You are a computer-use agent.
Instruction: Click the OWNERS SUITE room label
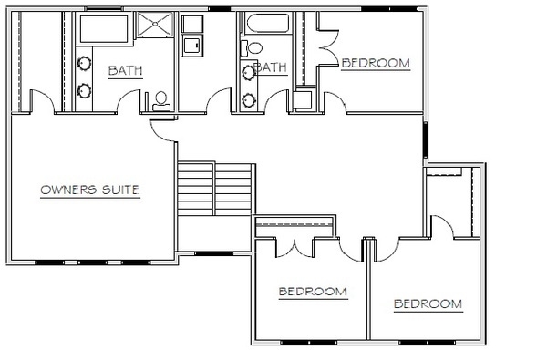coord(90,190)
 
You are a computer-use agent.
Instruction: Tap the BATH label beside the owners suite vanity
coord(126,70)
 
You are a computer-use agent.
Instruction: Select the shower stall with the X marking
coord(155,24)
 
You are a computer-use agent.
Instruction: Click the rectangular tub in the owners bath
coord(104,29)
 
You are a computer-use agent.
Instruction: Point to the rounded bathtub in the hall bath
coord(268,24)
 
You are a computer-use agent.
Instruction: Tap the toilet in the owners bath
coord(161,101)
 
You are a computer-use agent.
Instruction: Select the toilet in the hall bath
coord(252,47)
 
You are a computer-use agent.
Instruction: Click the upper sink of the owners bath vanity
coord(84,64)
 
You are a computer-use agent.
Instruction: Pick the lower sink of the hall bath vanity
coord(249,100)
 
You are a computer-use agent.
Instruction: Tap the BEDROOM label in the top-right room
coord(376,64)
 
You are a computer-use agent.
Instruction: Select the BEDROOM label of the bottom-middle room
coord(313,292)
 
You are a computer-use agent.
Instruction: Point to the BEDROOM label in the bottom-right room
coord(428,304)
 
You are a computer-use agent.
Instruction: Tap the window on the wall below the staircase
coord(213,253)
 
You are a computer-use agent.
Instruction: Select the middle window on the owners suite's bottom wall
coord(92,262)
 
